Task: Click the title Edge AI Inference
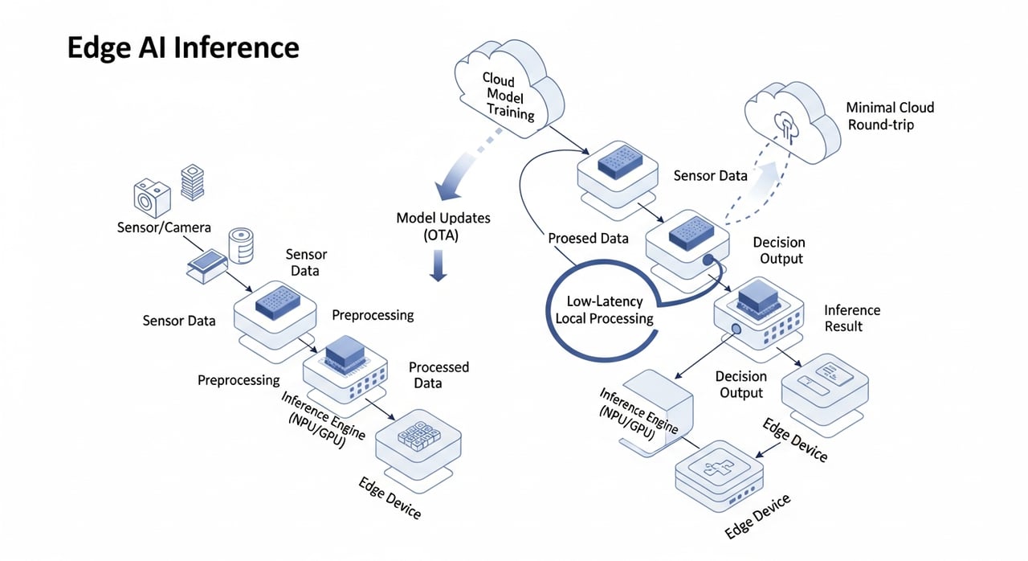click(182, 48)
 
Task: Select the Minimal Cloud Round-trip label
click(890, 116)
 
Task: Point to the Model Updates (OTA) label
click(443, 226)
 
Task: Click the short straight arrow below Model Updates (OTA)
click(438, 264)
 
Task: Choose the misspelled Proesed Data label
click(589, 239)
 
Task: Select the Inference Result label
click(852, 317)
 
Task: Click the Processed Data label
click(439, 375)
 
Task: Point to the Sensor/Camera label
click(164, 227)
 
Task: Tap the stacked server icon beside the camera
click(192, 183)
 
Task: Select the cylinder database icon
click(241, 246)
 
